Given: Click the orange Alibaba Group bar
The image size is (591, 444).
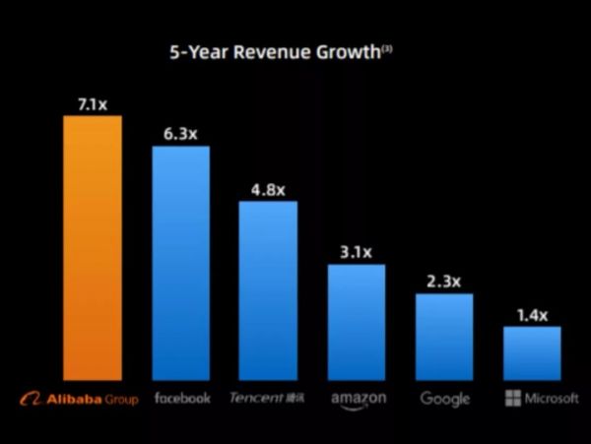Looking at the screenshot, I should [x=93, y=247].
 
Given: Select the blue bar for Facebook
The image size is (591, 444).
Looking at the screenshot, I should [x=180, y=262].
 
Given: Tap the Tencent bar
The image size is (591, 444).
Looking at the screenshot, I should [x=268, y=290].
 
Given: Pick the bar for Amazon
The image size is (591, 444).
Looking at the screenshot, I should [x=356, y=322].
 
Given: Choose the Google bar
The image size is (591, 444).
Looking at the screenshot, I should [x=444, y=337].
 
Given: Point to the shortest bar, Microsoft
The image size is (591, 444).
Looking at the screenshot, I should [x=532, y=352].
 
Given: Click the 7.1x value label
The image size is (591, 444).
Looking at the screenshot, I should [x=93, y=100].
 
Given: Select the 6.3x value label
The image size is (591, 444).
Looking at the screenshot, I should [x=180, y=131].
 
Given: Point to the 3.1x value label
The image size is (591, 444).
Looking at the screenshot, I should [x=356, y=251].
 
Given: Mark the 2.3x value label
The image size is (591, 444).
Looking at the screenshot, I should [x=444, y=281].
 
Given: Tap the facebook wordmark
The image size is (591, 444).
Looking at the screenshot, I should [x=182, y=398].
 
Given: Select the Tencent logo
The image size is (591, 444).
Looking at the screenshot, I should [x=267, y=398].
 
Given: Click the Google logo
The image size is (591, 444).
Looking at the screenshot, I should [x=444, y=399].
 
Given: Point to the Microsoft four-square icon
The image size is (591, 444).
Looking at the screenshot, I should [x=512, y=399].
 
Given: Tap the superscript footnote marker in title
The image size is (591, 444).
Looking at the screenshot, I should [x=388, y=46].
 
